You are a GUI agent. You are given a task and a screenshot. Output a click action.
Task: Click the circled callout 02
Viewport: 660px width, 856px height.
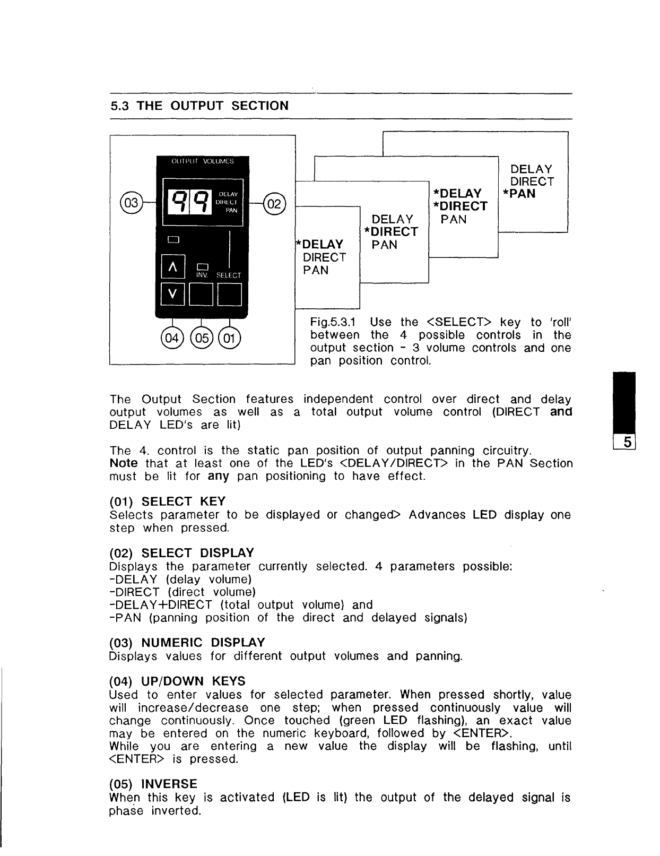coord(275,203)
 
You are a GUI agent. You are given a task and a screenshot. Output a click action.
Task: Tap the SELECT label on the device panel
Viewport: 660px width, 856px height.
coord(229,275)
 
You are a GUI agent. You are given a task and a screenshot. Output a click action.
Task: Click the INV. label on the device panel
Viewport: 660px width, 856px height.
coord(202,275)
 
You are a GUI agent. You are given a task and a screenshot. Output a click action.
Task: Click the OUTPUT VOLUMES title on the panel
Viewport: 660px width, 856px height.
coord(202,161)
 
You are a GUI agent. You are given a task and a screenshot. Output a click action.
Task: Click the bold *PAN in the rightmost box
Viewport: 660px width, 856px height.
coord(519,194)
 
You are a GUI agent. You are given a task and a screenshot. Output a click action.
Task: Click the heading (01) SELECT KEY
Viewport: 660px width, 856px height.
coord(167,502)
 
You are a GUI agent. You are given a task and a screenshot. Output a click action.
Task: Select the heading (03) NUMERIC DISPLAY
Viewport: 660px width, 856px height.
coord(187,643)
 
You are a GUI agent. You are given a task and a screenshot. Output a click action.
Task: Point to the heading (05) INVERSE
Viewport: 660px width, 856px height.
coord(153,784)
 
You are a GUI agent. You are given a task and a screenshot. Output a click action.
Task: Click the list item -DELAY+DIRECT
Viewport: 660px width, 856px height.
coord(161,605)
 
